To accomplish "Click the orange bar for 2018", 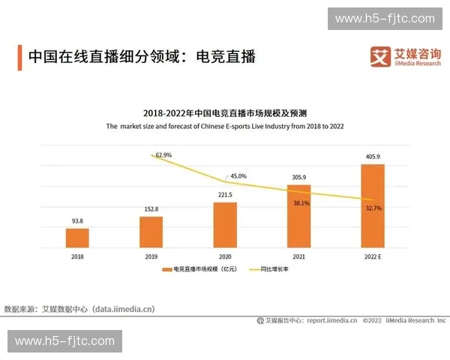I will point(77,238).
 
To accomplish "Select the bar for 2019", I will point(151,232).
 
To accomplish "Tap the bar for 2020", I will point(224,224).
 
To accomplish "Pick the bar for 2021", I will point(298,216).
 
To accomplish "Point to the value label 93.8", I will point(77,220).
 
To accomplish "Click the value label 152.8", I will point(151,208).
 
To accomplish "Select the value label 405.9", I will point(372,157).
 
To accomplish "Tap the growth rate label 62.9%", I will point(163,155).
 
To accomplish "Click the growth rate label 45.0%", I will point(238,176).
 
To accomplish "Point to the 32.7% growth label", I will point(373,208).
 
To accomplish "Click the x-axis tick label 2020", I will point(224,256).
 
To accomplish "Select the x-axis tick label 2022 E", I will point(372,256).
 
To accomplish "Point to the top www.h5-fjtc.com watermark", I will point(384,19).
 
